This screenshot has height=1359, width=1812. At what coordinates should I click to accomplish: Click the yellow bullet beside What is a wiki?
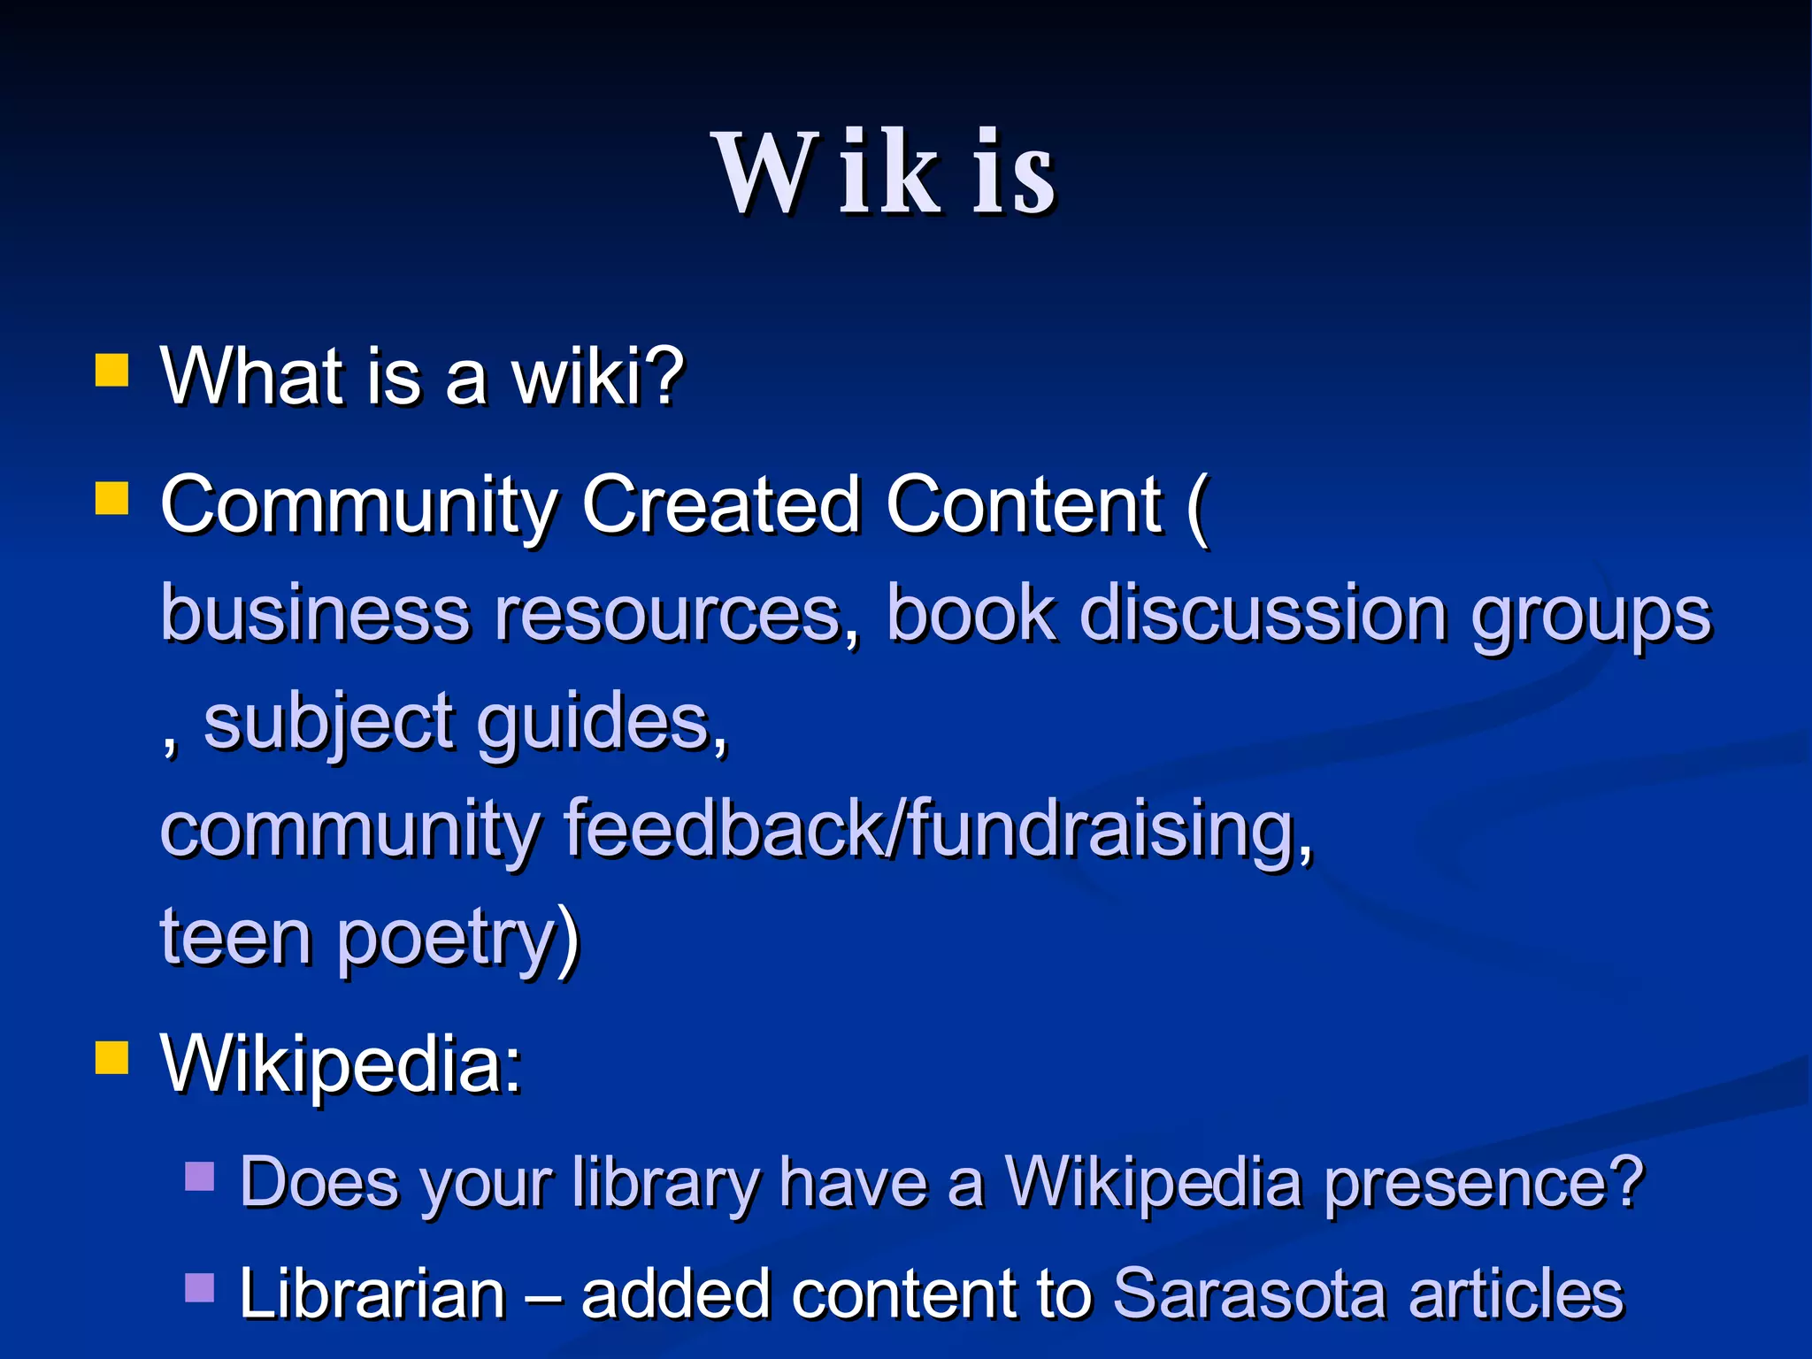click(112, 371)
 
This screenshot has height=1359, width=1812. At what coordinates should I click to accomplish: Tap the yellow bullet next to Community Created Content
click(112, 497)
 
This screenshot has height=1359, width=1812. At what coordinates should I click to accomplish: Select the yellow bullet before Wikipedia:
click(112, 1056)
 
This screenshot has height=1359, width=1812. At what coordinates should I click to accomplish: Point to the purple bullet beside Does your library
click(200, 1177)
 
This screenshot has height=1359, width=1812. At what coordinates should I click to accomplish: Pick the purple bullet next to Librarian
click(200, 1287)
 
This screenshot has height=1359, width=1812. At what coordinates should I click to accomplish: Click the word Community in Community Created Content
click(358, 506)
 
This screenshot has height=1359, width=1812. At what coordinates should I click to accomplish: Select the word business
click(314, 614)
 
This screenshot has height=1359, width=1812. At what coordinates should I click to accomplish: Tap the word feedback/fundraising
click(938, 830)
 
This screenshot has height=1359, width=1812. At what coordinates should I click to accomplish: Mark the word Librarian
click(372, 1294)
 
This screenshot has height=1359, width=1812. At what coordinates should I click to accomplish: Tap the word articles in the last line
click(1516, 1294)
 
